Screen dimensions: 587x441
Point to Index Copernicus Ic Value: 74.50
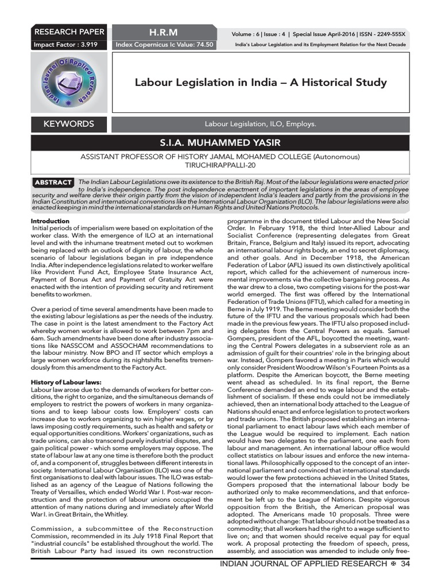[x=165, y=45]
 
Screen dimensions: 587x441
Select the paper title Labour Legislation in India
[x=260, y=83]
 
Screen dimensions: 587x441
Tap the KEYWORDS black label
[x=69, y=124]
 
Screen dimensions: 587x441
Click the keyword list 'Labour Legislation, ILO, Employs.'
[x=260, y=124]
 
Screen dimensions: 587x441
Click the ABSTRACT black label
[x=53, y=182]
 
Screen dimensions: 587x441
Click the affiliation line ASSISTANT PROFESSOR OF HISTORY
[x=220, y=156]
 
